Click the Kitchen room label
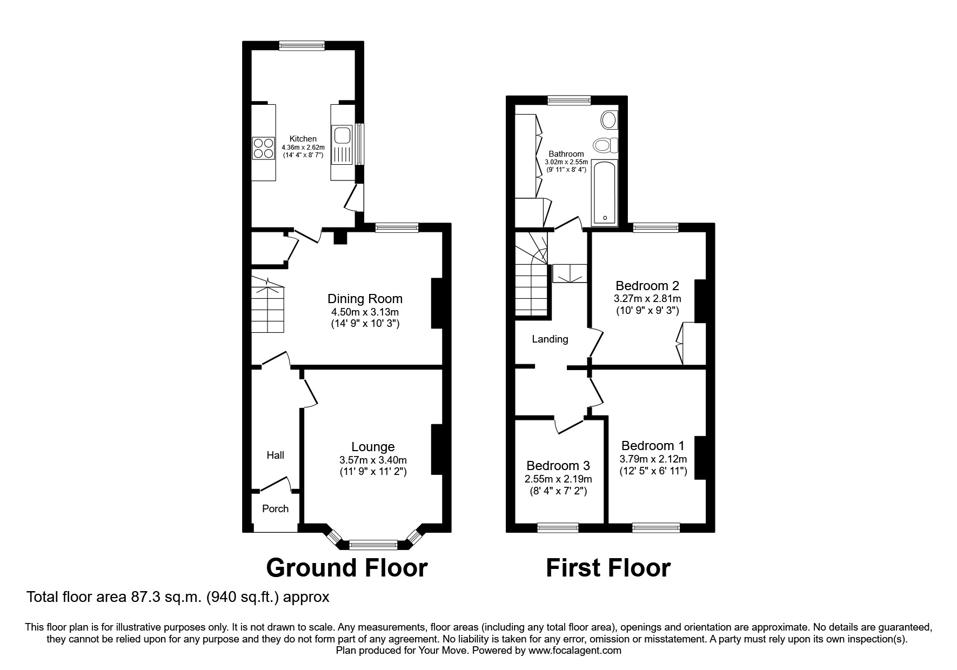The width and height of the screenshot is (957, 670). pos(303,139)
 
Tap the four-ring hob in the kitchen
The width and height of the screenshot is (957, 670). pos(264,148)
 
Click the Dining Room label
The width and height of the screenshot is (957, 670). pos(365,299)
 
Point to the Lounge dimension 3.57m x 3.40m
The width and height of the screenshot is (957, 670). pos(373,460)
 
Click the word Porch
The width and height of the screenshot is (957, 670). pos(275,508)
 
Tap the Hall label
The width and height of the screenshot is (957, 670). pos(275,455)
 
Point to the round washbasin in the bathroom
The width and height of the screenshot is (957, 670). pos(609,119)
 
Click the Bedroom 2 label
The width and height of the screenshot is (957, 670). pos(647,285)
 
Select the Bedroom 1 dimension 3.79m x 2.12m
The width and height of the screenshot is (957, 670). pos(653,459)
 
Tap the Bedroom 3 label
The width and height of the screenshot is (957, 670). pos(558,466)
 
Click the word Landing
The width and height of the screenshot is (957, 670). pos(550,339)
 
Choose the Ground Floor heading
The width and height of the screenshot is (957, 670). pos(346,568)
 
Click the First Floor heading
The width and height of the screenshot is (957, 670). pos(608,568)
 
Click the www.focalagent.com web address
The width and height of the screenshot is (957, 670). pos(574,651)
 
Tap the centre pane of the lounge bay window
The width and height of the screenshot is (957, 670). pos(373,545)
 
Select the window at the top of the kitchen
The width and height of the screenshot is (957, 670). pos(302,46)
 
